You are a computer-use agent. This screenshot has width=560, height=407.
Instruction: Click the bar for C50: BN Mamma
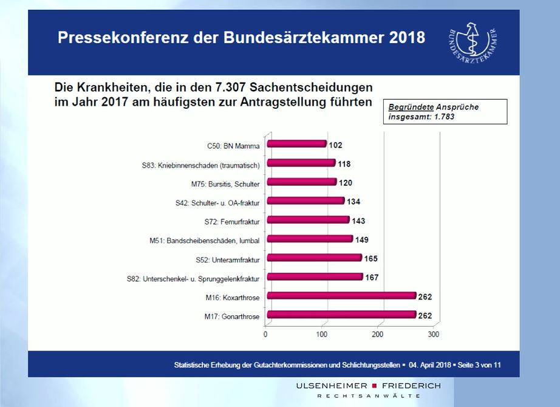297,145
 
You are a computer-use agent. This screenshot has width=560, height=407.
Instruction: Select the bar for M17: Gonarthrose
341,315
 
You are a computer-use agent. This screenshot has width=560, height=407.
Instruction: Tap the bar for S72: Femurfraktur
309,220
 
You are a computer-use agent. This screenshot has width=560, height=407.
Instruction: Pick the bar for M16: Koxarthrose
341,296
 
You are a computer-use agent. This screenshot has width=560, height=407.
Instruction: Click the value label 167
372,278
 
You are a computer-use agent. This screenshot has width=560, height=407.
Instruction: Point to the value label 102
336,145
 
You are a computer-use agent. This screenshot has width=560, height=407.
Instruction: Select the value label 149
361,239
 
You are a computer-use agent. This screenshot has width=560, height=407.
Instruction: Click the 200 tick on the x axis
378,334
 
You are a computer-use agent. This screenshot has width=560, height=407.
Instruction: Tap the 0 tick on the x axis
265,334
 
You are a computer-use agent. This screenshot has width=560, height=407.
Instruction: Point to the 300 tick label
433,334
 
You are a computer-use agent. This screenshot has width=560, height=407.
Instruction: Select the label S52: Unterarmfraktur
228,260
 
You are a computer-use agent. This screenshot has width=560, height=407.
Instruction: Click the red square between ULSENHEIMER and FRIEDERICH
374,386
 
